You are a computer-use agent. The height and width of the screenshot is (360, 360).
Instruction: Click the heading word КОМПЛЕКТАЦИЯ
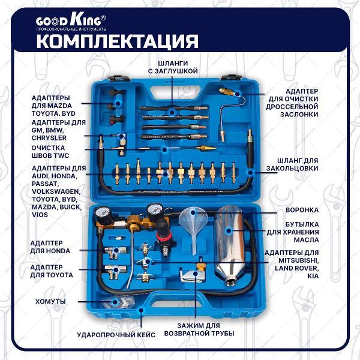pyautogui.click(x=118, y=41)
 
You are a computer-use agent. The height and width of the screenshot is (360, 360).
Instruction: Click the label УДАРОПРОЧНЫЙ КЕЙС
pyautogui.click(x=116, y=334)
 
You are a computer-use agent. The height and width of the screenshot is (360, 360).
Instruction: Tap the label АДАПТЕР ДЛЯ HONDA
pyautogui.click(x=50, y=247)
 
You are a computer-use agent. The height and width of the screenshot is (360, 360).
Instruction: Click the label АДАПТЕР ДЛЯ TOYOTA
pyautogui.click(x=52, y=271)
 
